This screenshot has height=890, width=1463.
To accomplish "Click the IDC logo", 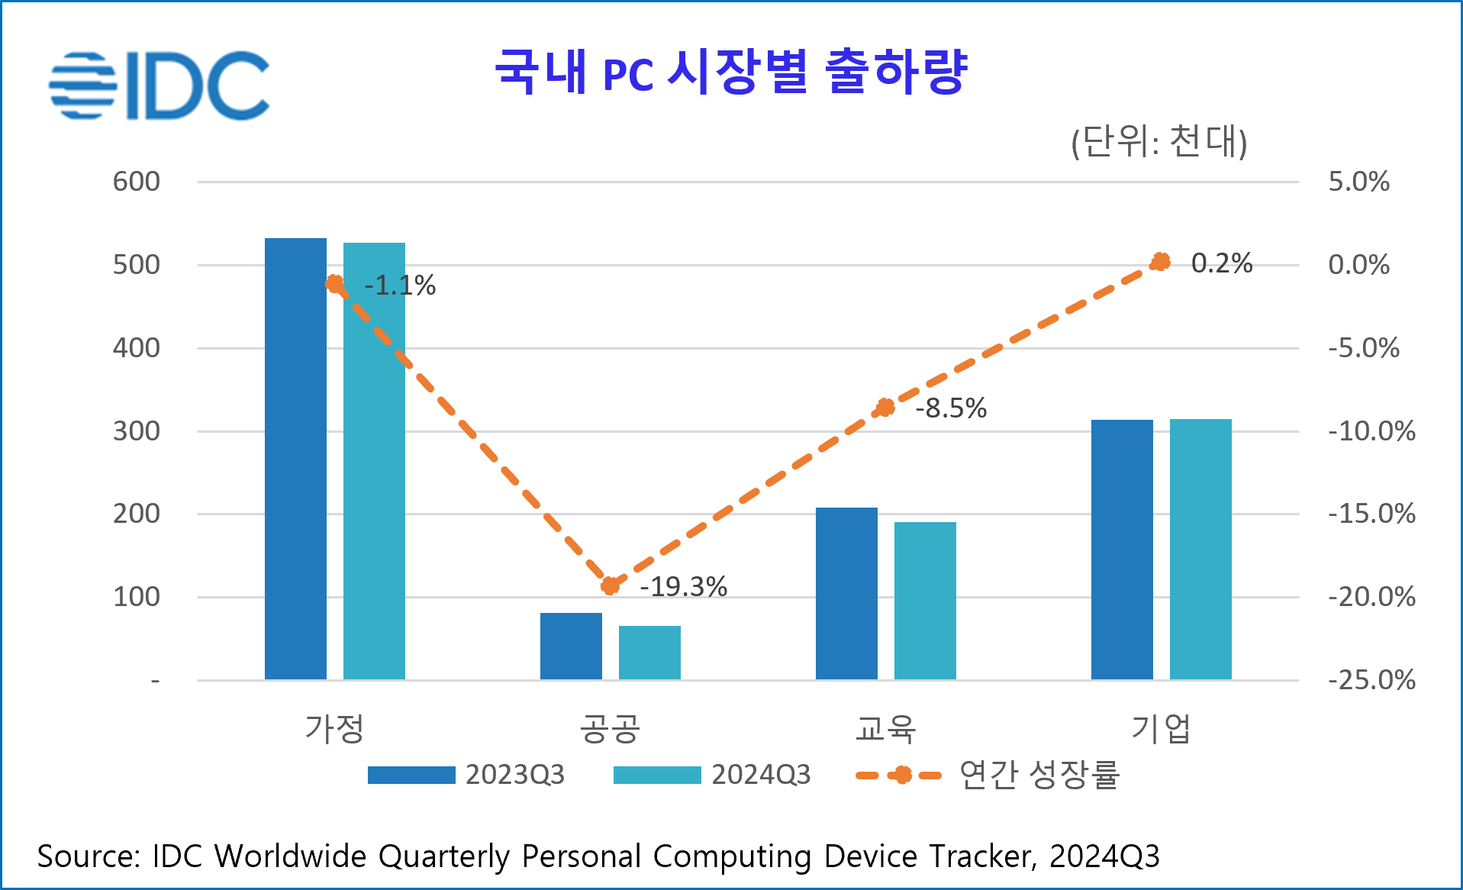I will pyautogui.click(x=159, y=85).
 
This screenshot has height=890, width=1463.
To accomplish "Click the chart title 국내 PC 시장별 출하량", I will pyautogui.click(x=731, y=72).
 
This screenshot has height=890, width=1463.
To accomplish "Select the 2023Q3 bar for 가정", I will pyautogui.click(x=295, y=458).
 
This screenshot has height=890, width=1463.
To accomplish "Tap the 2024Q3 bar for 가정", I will pyautogui.click(x=374, y=461).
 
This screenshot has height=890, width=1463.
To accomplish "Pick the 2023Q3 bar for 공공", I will pyautogui.click(x=571, y=646).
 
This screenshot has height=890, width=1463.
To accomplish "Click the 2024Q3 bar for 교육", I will pyautogui.click(x=925, y=601).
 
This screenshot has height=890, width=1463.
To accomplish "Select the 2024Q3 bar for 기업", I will pyautogui.click(x=1200, y=549).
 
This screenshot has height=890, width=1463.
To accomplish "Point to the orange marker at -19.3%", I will pyautogui.click(x=610, y=585).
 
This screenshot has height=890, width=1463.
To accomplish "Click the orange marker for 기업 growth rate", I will pyautogui.click(x=1160, y=262).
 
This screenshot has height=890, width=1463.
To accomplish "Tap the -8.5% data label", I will pyautogui.click(x=951, y=408).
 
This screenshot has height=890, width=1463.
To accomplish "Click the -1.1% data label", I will pyautogui.click(x=400, y=285).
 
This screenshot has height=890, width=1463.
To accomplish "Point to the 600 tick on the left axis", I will pyautogui.click(x=137, y=182).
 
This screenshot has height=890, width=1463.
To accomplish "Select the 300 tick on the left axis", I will pyautogui.click(x=137, y=431).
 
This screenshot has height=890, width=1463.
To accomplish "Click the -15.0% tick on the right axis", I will pyautogui.click(x=1371, y=514).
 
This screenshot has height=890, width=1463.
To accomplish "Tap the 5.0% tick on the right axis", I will pyautogui.click(x=1358, y=182).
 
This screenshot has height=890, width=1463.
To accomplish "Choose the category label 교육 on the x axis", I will pyautogui.click(x=885, y=728).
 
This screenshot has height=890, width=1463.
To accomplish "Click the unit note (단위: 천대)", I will pyautogui.click(x=1158, y=142).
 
